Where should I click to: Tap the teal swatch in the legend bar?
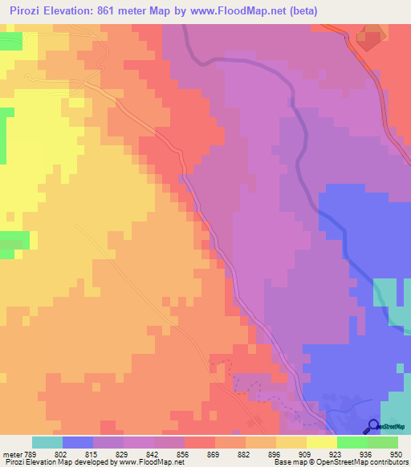coord(47,442)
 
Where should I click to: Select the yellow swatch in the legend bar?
coord(321,442)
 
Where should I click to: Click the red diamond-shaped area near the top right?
coord(370,38)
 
